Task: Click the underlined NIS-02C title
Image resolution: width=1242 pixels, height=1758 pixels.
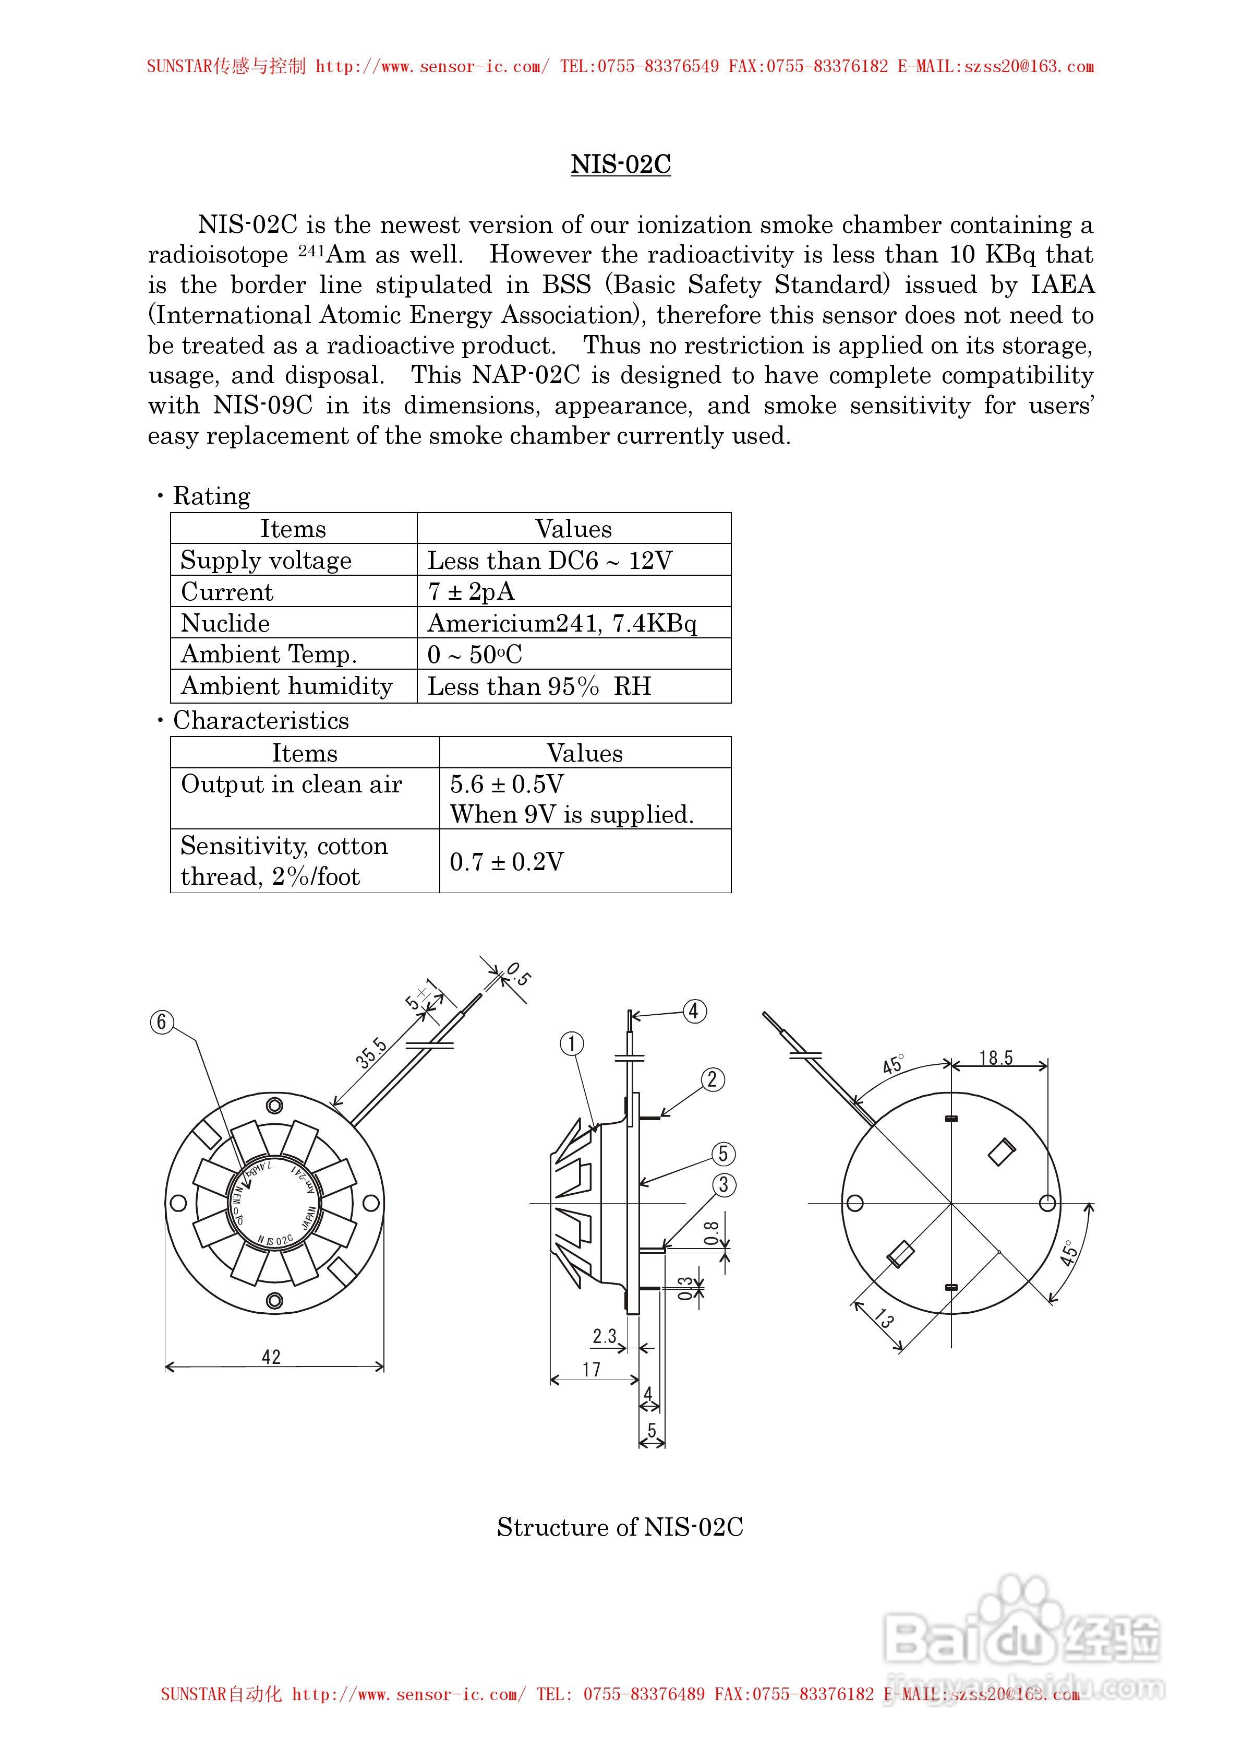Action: (x=621, y=164)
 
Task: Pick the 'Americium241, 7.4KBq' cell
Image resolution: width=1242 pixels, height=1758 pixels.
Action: (x=562, y=623)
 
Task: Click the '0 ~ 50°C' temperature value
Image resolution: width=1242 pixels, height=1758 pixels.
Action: (x=475, y=655)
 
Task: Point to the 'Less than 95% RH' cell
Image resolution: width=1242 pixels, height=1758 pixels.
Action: (x=539, y=686)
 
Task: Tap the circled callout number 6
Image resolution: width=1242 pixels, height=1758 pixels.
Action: (x=162, y=1021)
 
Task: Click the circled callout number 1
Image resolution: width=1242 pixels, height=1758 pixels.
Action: (x=572, y=1043)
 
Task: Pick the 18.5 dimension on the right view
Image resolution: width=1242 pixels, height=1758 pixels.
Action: (x=996, y=1058)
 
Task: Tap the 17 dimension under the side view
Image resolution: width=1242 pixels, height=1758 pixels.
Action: (x=592, y=1369)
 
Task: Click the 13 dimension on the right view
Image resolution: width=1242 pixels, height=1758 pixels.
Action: (x=884, y=1317)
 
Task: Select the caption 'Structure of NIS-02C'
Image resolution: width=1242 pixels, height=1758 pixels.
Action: (x=620, y=1527)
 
